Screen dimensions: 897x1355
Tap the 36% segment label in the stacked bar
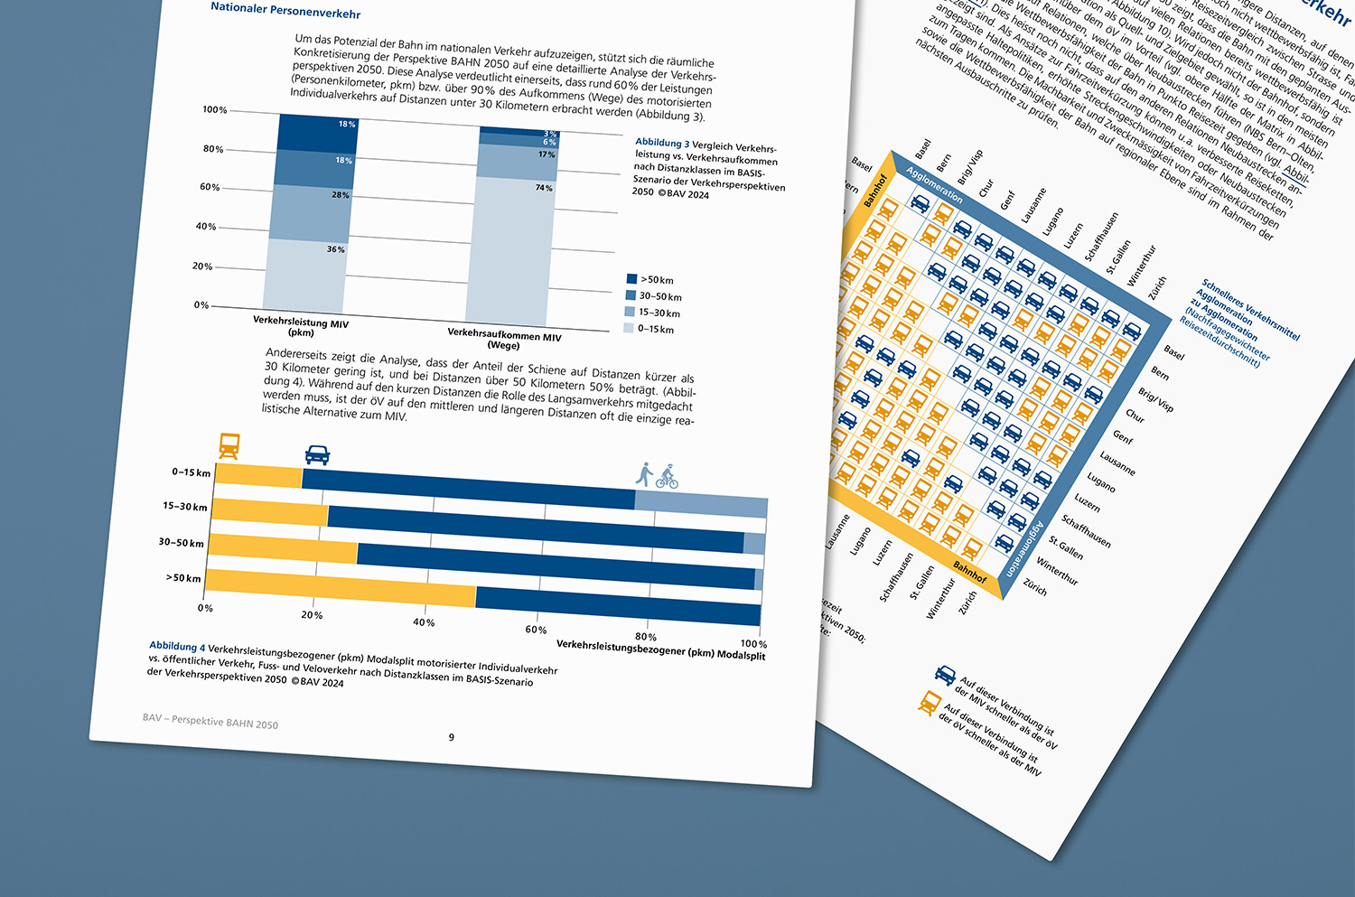pyautogui.click(x=335, y=249)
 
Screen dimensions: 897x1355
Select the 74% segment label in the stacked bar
pyautogui.click(x=543, y=188)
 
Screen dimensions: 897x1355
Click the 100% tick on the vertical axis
pyautogui.click(x=215, y=110)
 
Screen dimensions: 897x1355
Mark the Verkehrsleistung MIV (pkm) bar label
pyautogui.click(x=301, y=326)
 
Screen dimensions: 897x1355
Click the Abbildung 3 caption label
pyautogui.click(x=662, y=143)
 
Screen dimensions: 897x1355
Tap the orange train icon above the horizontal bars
pyautogui.click(x=229, y=446)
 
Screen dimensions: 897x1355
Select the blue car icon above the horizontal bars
pyautogui.click(x=317, y=454)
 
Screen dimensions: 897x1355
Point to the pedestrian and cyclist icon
pyautogui.click(x=657, y=475)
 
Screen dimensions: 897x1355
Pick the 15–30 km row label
pyautogui.click(x=185, y=507)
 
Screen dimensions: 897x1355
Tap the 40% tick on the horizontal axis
pyautogui.click(x=424, y=622)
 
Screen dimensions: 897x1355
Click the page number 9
pyautogui.click(x=452, y=737)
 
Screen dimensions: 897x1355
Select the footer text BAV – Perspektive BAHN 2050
pyautogui.click(x=210, y=721)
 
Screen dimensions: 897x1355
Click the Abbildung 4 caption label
pyautogui.click(x=177, y=646)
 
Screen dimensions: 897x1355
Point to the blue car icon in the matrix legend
pyautogui.click(x=945, y=675)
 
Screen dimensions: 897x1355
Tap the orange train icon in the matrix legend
pyautogui.click(x=929, y=702)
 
